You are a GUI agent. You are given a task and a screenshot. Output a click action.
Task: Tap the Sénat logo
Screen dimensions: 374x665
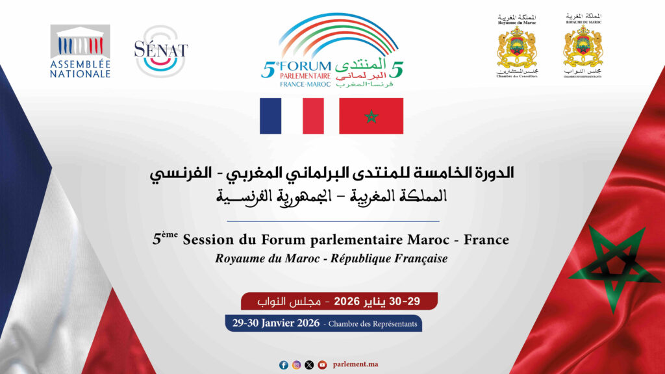tap(160, 51)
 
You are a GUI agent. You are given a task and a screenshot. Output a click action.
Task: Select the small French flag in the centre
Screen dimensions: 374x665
tap(291, 116)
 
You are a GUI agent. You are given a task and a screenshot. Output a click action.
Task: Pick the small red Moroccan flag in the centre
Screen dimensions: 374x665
tap(371, 116)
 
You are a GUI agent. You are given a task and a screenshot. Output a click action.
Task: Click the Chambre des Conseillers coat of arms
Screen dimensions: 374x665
tap(516, 45)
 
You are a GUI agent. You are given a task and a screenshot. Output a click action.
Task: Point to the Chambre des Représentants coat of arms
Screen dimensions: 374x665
tap(583, 45)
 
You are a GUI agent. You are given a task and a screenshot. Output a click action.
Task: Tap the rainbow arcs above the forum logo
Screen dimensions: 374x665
tap(332, 32)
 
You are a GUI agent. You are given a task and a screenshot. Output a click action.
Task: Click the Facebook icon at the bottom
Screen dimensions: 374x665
tap(284, 365)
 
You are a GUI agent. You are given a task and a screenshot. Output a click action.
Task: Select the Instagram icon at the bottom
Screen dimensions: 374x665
tap(296, 365)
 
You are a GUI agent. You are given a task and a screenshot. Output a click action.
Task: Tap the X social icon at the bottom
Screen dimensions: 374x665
tap(309, 365)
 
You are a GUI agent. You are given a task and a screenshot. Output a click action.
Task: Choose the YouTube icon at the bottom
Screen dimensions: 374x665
tap(322, 365)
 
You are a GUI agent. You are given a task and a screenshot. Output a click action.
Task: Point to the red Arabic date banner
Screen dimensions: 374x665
tap(339, 301)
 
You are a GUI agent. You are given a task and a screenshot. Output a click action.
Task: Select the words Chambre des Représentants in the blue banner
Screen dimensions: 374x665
tap(373, 323)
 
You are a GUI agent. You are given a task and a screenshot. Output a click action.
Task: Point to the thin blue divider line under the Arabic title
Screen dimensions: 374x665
tap(332, 221)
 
